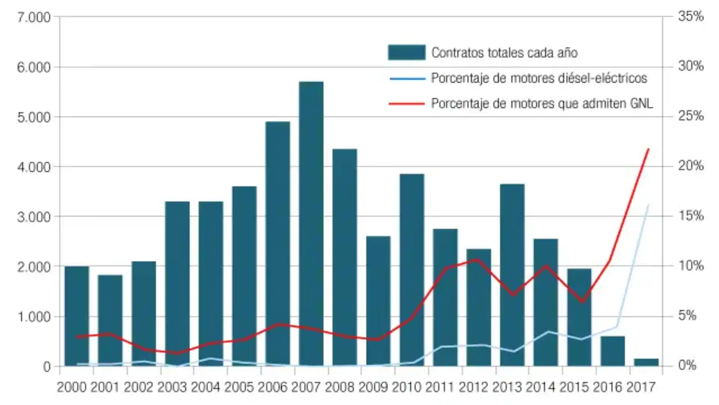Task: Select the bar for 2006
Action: pyautogui.click(x=277, y=244)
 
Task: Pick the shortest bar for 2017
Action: pyautogui.click(x=646, y=362)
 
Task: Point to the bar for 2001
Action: pyautogui.click(x=110, y=320)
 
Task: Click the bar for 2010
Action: pyautogui.click(x=412, y=270)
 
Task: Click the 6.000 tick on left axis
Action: pyautogui.click(x=33, y=67)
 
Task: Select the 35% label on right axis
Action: pyautogui.click(x=691, y=16)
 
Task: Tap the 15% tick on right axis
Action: pyautogui.click(x=691, y=216)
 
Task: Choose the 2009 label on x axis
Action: pyautogui.click(x=373, y=387)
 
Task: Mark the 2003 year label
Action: pyautogui.click(x=172, y=387)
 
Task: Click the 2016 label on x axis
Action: pyautogui.click(x=607, y=387)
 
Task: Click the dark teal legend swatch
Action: pyautogui.click(x=406, y=52)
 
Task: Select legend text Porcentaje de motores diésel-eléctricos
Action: pyautogui.click(x=539, y=78)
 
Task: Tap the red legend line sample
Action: pyautogui.click(x=406, y=103)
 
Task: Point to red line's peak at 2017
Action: pyautogui.click(x=649, y=149)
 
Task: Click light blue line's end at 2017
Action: pyautogui.click(x=648, y=205)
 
